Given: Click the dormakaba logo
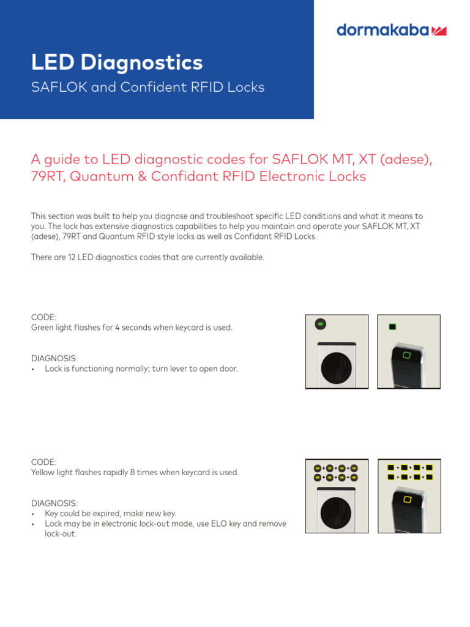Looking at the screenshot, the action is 391,30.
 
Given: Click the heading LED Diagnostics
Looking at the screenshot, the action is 116,62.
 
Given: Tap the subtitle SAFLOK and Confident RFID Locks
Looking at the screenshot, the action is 147,87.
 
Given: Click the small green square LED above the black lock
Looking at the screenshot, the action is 392,327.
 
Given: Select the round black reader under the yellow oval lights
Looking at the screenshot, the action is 337,513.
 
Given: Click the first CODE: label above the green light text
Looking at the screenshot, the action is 43,317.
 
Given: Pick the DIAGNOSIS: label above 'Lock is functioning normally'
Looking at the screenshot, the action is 54,358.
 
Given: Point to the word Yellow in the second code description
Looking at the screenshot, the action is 43,473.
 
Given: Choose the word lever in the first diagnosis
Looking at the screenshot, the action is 187,369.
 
